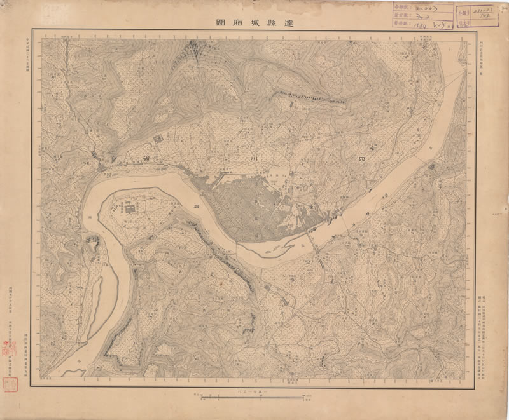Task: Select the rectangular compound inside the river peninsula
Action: tap(130, 208)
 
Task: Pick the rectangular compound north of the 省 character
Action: tap(157, 136)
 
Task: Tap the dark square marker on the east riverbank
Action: tap(433, 166)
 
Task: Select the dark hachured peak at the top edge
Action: tap(193, 46)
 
